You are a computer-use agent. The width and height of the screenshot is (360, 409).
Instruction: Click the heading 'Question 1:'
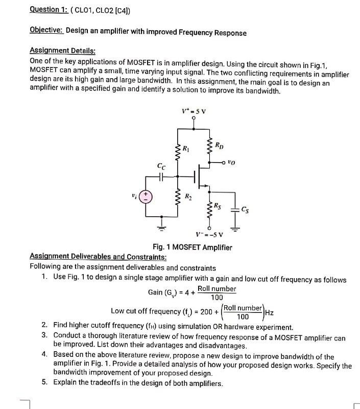[51, 9]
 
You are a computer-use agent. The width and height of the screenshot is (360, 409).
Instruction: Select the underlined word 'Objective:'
[46, 32]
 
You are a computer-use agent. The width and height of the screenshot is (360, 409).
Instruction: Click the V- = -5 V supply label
[209, 235]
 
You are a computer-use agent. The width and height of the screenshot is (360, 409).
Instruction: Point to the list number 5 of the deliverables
[45, 383]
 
